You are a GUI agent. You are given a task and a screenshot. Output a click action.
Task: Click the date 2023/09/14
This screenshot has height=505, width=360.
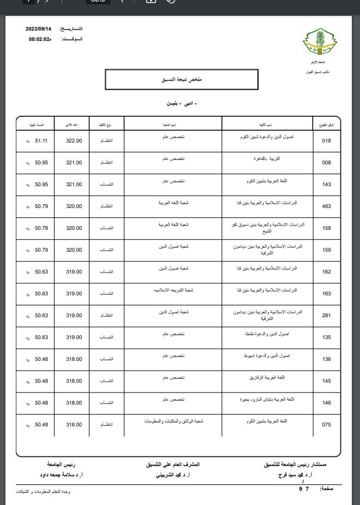(40, 28)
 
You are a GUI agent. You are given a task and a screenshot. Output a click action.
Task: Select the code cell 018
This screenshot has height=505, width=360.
(327, 141)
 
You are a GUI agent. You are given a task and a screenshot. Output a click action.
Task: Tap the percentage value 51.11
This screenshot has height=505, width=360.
(42, 141)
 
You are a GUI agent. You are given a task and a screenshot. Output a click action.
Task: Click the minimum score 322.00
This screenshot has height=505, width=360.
(74, 141)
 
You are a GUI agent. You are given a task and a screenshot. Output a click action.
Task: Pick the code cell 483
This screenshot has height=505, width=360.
(327, 206)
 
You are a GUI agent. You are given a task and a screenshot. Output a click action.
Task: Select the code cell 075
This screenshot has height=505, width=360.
(327, 425)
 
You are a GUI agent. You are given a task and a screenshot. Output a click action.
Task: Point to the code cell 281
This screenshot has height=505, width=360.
(327, 316)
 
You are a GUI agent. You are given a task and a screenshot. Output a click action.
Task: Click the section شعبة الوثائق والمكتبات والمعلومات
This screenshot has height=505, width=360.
(173, 421)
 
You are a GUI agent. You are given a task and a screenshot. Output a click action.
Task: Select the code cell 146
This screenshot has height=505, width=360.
(327, 403)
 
